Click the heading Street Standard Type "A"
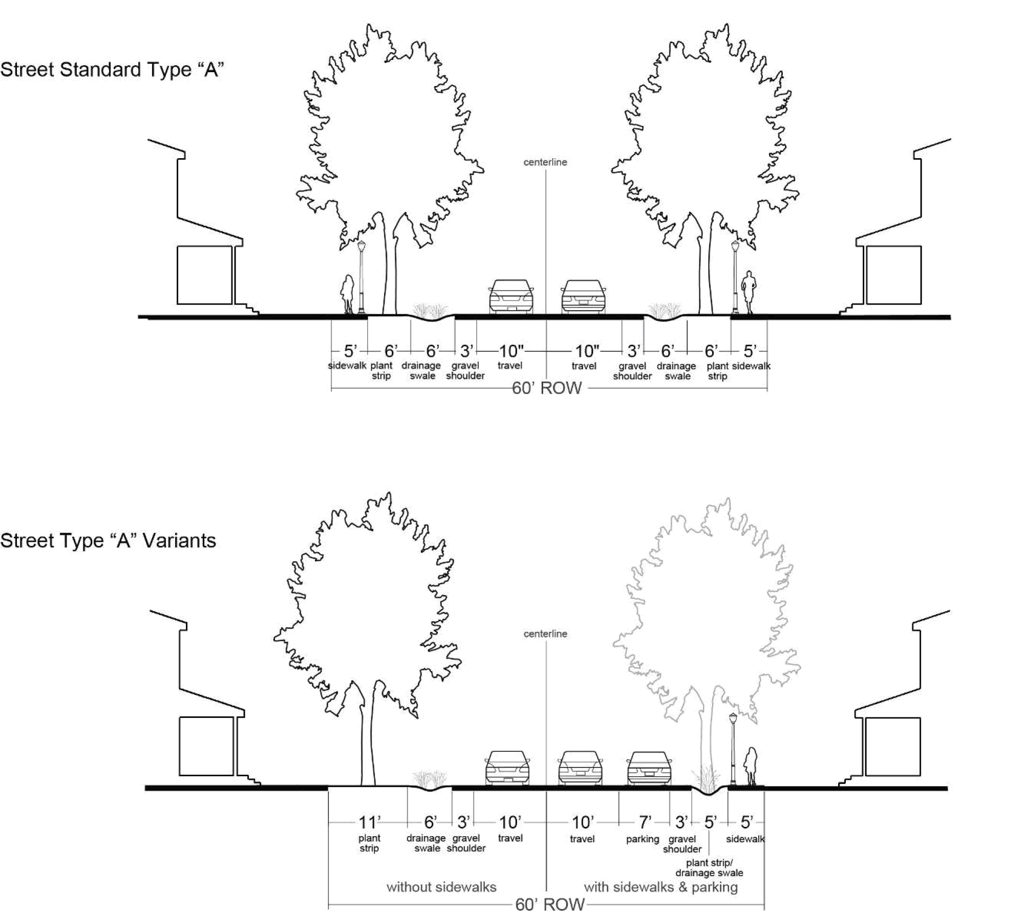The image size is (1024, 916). coord(112,70)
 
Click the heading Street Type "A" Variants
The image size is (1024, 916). coord(108,541)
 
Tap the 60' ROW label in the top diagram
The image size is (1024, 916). coord(547,388)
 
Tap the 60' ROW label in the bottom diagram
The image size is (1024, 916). coord(550,905)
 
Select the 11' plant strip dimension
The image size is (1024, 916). coord(369,822)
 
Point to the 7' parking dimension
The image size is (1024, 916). coord(645,822)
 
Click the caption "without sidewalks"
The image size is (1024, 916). coord(441,887)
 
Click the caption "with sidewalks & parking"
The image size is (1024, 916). coord(660,887)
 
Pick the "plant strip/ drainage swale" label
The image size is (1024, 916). coord(709,868)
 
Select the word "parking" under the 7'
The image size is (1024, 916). coord(643,839)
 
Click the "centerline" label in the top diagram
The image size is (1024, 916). coord(545,162)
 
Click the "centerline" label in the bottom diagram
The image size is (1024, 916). coord(545,634)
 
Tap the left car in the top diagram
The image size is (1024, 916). coord(511,296)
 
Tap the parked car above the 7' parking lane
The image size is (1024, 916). coord(649,768)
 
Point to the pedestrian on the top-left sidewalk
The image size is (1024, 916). coord(348,295)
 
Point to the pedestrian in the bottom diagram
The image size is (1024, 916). coord(752,766)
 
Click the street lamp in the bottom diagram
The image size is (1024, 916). coord(733,747)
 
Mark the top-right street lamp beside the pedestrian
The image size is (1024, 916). coord(735,276)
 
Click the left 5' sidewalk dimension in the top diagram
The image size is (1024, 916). coord(350,351)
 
